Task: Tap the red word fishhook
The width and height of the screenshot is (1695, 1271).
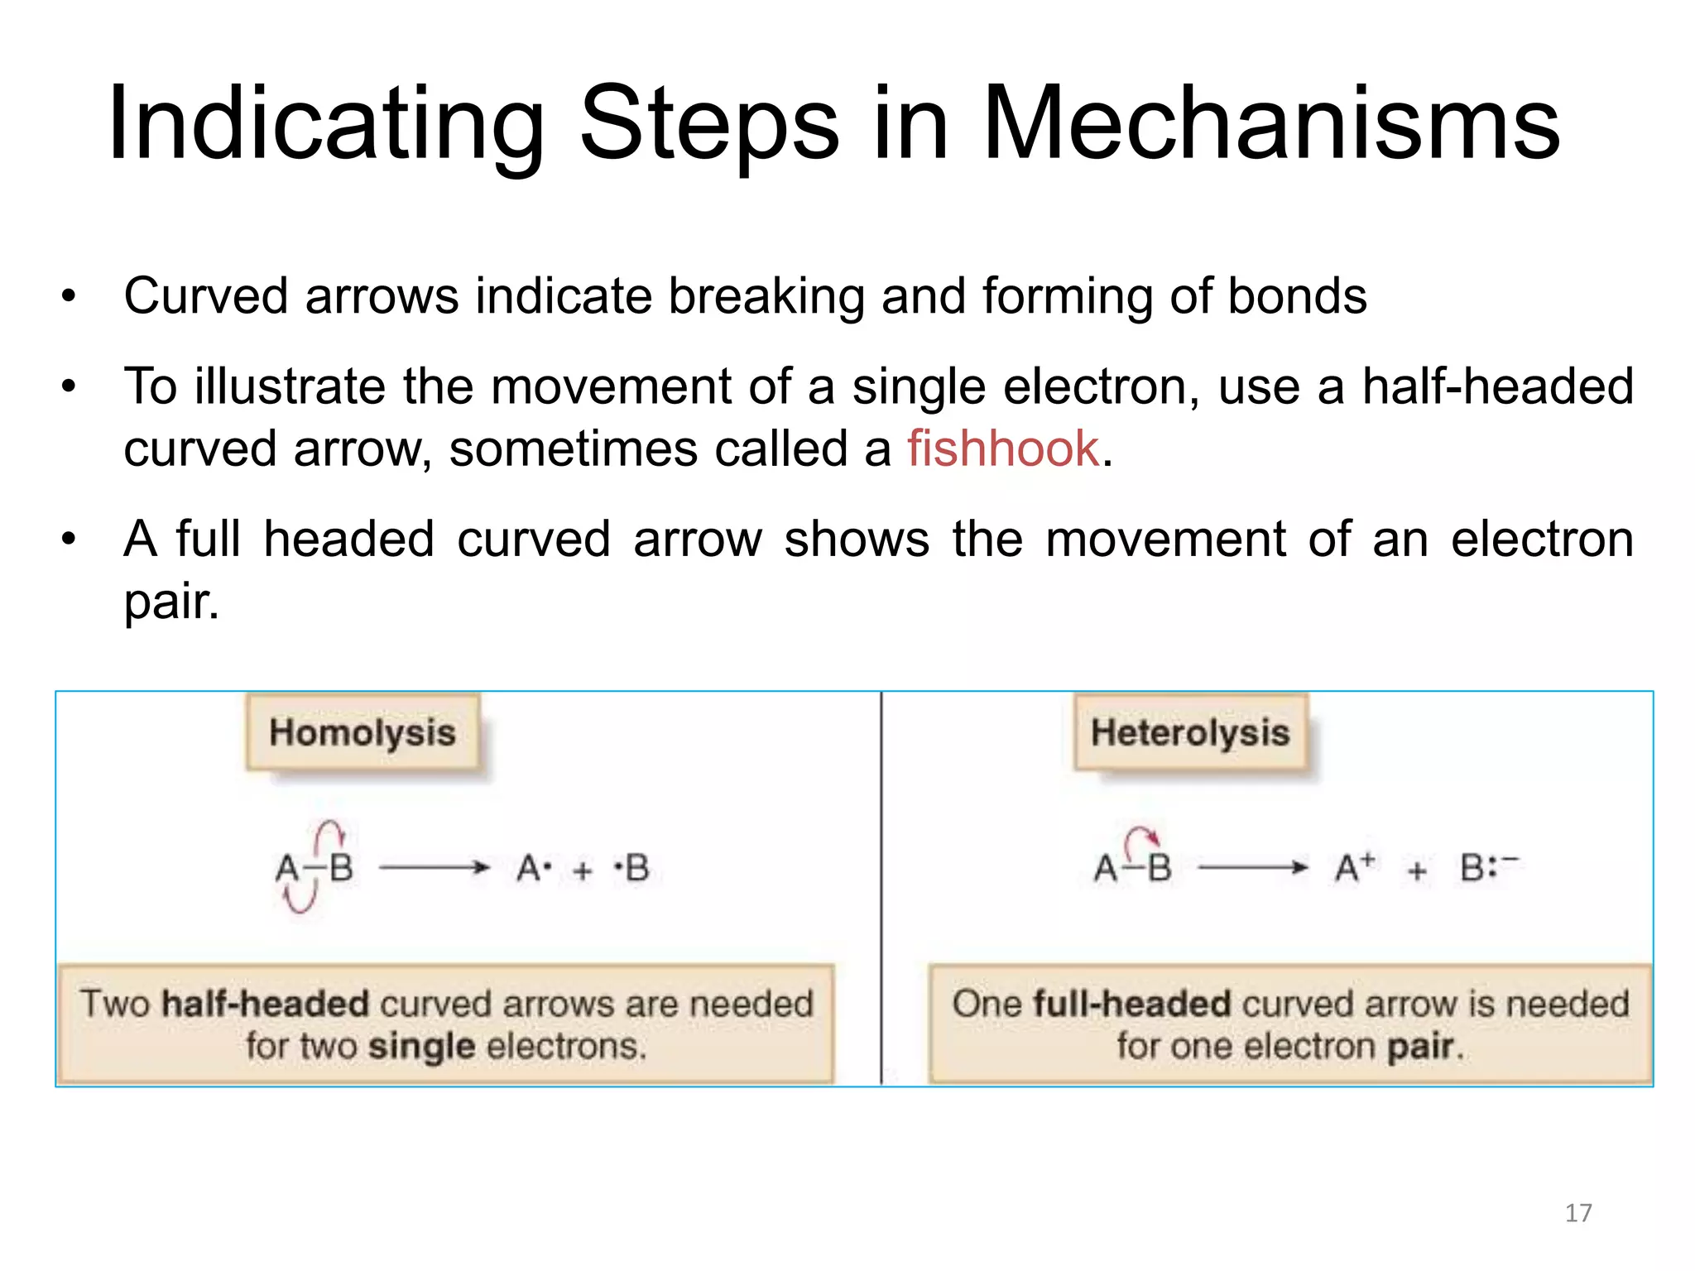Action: click(1002, 449)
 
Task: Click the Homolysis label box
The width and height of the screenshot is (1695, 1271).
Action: click(363, 733)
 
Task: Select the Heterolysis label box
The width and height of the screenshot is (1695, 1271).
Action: click(1190, 733)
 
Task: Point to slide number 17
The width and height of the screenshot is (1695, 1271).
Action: click(1578, 1213)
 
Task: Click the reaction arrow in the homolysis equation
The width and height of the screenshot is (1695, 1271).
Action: click(435, 868)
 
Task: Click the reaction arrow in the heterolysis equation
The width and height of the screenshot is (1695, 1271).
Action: click(1253, 868)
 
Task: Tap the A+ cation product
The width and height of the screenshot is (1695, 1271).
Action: click(1355, 868)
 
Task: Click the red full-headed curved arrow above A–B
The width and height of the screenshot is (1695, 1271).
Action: click(1141, 837)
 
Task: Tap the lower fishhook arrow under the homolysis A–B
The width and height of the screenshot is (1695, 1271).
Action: click(299, 898)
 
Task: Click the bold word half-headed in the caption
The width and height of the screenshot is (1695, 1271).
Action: click(265, 1004)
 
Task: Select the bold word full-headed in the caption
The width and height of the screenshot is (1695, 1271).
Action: click(1132, 1004)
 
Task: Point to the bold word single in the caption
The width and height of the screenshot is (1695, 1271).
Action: click(421, 1047)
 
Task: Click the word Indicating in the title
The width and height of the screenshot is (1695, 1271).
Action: click(325, 124)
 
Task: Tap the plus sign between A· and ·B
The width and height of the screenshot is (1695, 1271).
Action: click(583, 871)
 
